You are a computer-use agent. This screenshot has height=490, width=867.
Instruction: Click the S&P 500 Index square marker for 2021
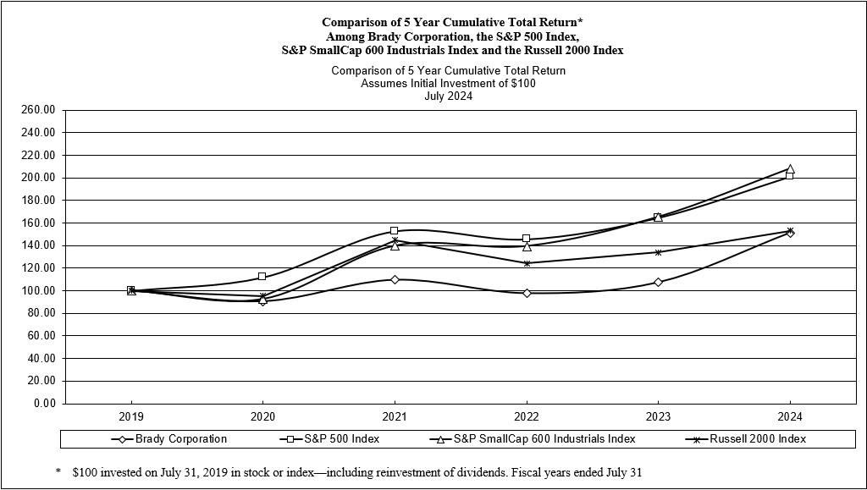coord(395,230)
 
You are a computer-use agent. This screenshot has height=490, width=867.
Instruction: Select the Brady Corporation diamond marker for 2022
coord(527,293)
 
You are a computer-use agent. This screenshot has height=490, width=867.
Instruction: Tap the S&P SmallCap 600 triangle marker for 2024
coord(790,168)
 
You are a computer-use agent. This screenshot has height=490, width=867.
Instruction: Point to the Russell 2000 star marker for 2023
coord(658,252)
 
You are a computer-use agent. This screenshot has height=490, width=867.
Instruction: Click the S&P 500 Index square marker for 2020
coord(262,277)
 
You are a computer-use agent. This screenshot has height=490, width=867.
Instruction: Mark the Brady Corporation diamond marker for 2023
coord(658,282)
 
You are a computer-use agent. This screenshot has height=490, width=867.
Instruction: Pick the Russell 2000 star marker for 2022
coord(527,263)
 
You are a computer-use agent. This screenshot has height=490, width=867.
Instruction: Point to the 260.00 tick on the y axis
coord(37,110)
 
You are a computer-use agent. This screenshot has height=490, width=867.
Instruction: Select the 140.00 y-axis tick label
coord(37,245)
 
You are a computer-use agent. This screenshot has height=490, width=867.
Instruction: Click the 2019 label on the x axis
coord(131,417)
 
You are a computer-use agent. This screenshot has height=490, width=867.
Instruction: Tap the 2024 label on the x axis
coord(790,417)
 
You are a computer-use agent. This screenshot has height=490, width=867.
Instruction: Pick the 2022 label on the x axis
coord(527,417)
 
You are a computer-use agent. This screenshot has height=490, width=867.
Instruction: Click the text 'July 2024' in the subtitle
coord(448,96)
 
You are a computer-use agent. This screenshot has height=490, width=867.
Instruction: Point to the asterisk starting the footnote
coord(58,471)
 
